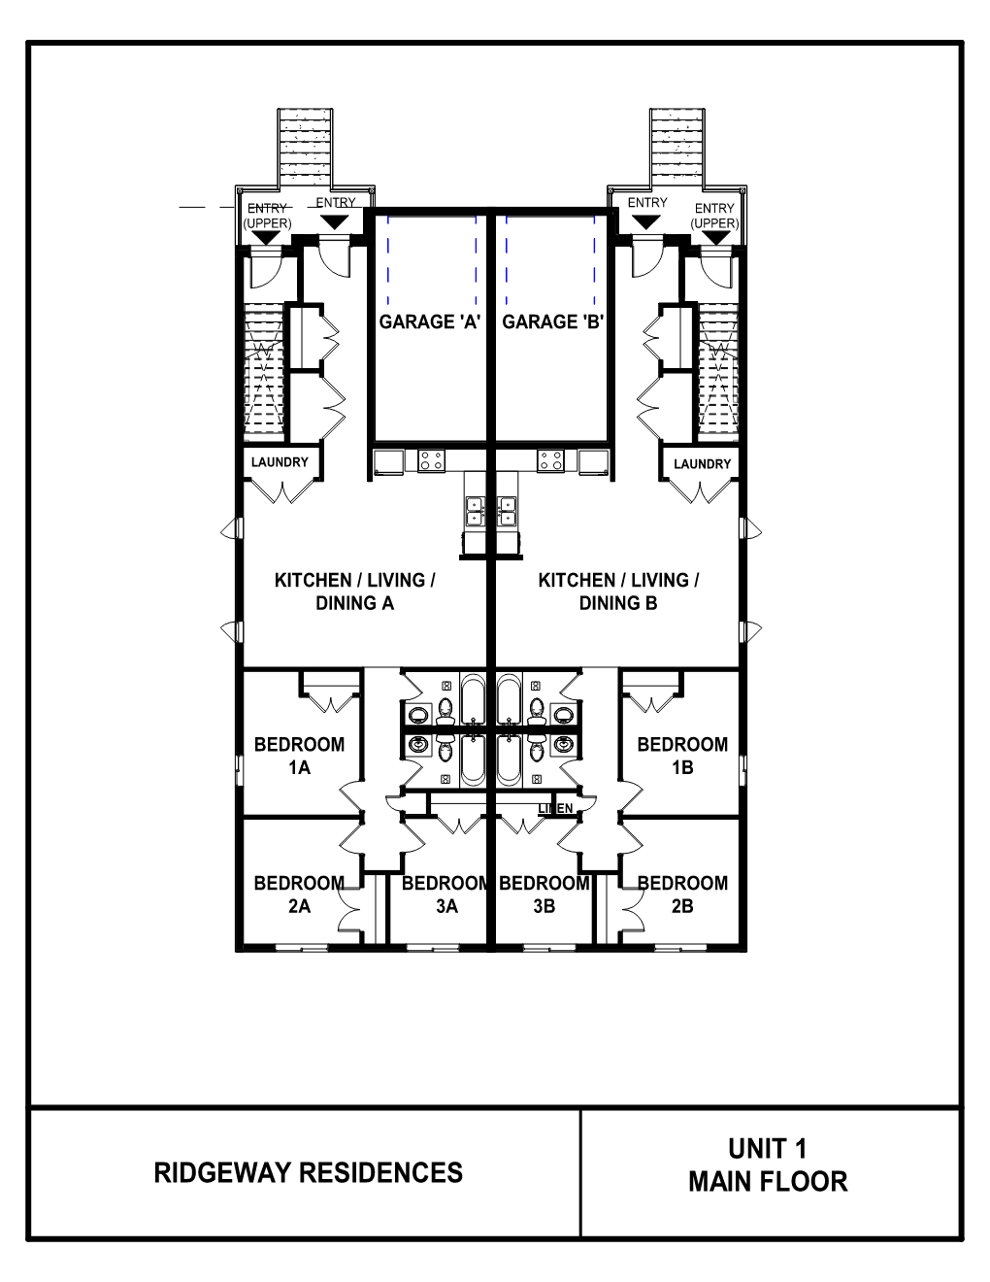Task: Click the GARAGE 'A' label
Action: (429, 321)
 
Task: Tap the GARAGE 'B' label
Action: (553, 321)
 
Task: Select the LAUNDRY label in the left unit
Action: (280, 462)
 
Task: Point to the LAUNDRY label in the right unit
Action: (702, 464)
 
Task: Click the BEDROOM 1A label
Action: (299, 756)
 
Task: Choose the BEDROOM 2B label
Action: (681, 894)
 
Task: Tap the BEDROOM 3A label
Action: (445, 894)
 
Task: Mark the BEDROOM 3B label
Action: (544, 894)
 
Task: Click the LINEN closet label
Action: (555, 808)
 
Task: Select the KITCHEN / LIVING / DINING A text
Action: (354, 591)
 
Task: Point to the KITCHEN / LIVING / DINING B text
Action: (618, 591)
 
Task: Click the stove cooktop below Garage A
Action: (430, 460)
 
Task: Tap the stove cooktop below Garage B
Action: (551, 460)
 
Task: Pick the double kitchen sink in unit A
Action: (476, 511)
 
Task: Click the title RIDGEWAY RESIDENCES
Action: (308, 1172)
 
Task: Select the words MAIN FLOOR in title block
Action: (768, 1182)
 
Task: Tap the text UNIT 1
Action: (768, 1149)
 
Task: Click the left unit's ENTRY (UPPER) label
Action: (267, 216)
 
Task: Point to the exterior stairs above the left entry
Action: (306, 146)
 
